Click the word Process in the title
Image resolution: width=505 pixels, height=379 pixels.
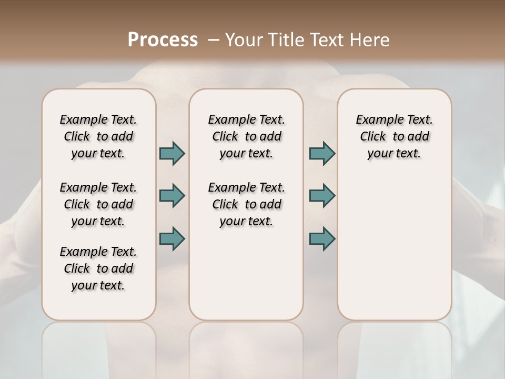[163, 40]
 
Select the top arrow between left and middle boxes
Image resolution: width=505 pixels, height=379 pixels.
[172, 153]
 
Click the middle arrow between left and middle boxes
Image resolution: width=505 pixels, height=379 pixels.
[172, 196]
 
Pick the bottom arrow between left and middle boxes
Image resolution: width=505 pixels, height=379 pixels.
[172, 238]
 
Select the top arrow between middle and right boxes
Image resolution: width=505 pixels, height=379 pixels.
[322, 153]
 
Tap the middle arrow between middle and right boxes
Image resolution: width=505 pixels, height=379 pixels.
[322, 196]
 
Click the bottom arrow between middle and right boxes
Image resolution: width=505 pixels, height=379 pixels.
[322, 238]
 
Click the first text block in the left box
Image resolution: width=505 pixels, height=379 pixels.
[98, 136]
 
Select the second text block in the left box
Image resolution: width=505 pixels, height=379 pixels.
[98, 204]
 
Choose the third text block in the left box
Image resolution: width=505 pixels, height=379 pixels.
[98, 268]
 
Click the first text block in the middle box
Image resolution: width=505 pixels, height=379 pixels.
[246, 136]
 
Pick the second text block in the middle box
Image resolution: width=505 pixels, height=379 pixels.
[246, 204]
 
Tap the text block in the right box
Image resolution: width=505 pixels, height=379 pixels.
[394, 136]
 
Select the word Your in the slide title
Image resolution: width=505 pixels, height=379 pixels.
[244, 40]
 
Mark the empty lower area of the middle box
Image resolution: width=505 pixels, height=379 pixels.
[246, 274]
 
